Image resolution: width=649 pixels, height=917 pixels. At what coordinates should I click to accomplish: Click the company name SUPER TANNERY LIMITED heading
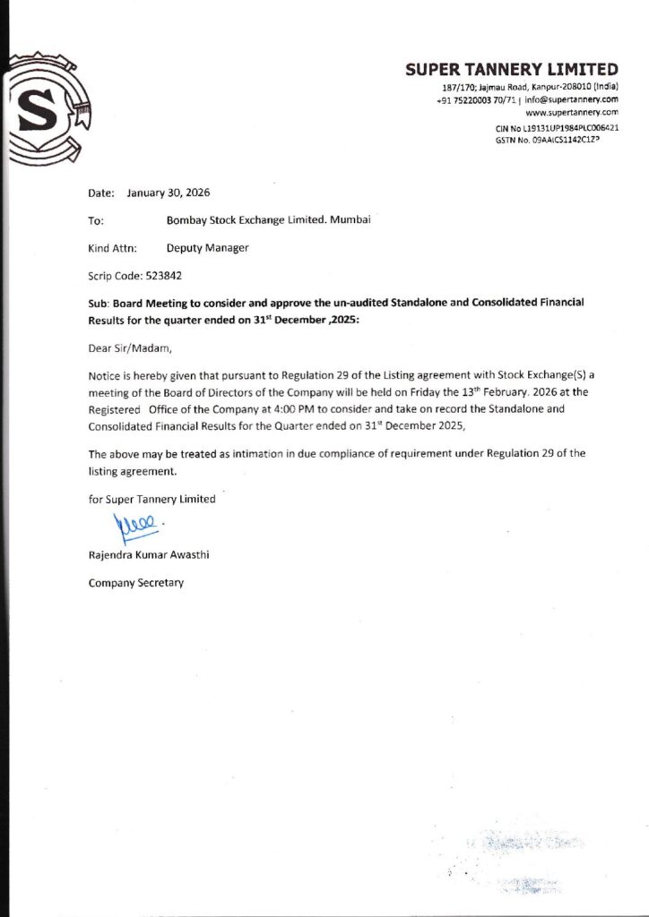(511, 70)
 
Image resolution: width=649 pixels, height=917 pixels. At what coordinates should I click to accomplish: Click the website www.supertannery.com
(572, 113)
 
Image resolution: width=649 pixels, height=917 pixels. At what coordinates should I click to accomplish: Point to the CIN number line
(557, 128)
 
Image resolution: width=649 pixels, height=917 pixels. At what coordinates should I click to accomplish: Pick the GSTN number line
(547, 141)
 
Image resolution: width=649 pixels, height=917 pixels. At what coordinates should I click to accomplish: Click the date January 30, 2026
(169, 193)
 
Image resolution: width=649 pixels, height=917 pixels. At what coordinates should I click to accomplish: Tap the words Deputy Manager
(207, 247)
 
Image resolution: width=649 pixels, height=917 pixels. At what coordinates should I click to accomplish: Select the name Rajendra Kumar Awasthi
(149, 555)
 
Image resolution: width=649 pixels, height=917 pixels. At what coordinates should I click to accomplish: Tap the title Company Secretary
(135, 583)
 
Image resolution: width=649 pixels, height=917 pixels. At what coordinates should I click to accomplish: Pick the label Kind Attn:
(112, 247)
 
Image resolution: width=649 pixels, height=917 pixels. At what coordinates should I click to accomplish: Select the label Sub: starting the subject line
(99, 304)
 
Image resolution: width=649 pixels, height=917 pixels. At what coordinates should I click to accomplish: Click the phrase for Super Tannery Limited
(151, 499)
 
